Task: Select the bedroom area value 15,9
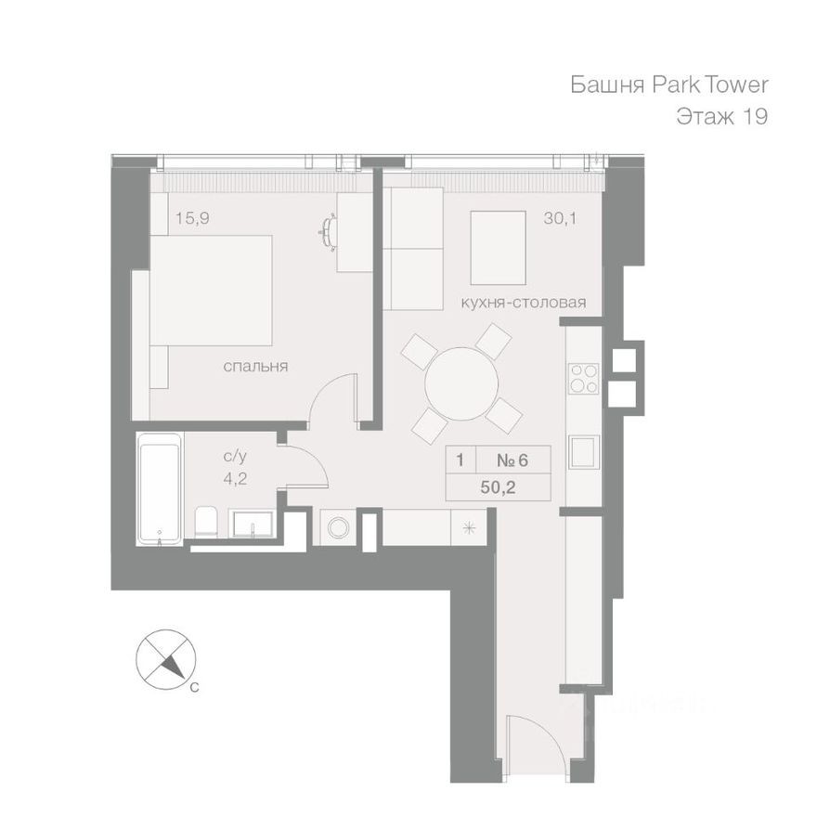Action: pos(190,220)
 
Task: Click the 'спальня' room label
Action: pos(255,367)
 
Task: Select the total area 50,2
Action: pos(499,486)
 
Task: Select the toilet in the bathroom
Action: pos(206,523)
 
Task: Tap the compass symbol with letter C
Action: pos(166,659)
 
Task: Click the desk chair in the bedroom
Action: pos(330,229)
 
